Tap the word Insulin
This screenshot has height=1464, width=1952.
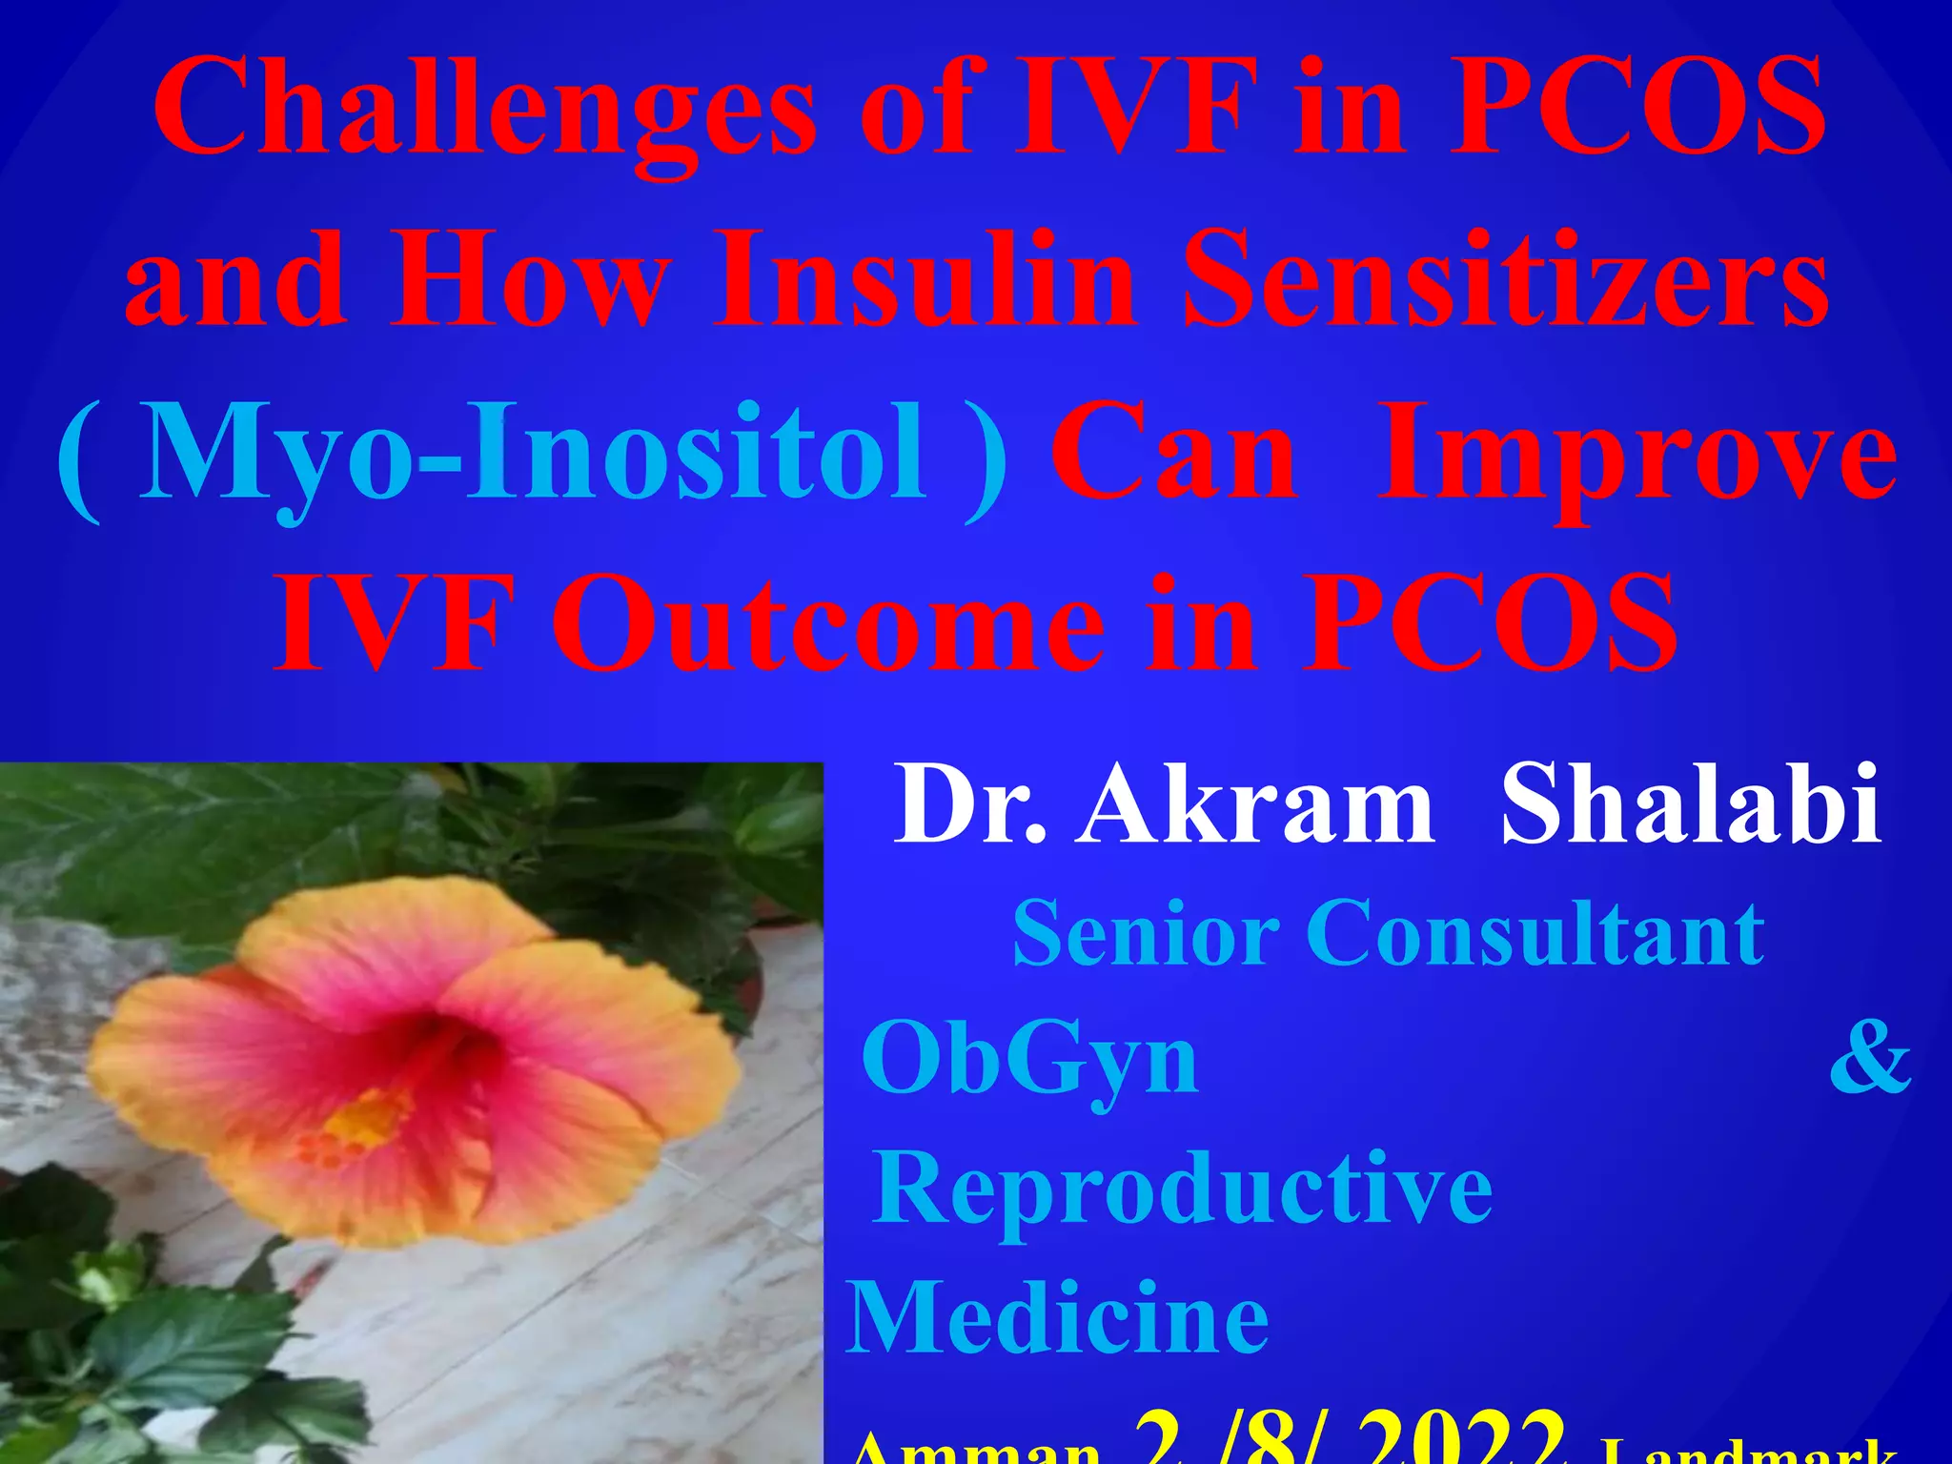click(x=925, y=281)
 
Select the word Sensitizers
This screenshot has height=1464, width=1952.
click(x=1505, y=281)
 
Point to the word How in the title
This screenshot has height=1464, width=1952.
click(x=528, y=281)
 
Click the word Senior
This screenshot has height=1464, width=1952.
click(x=1145, y=934)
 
